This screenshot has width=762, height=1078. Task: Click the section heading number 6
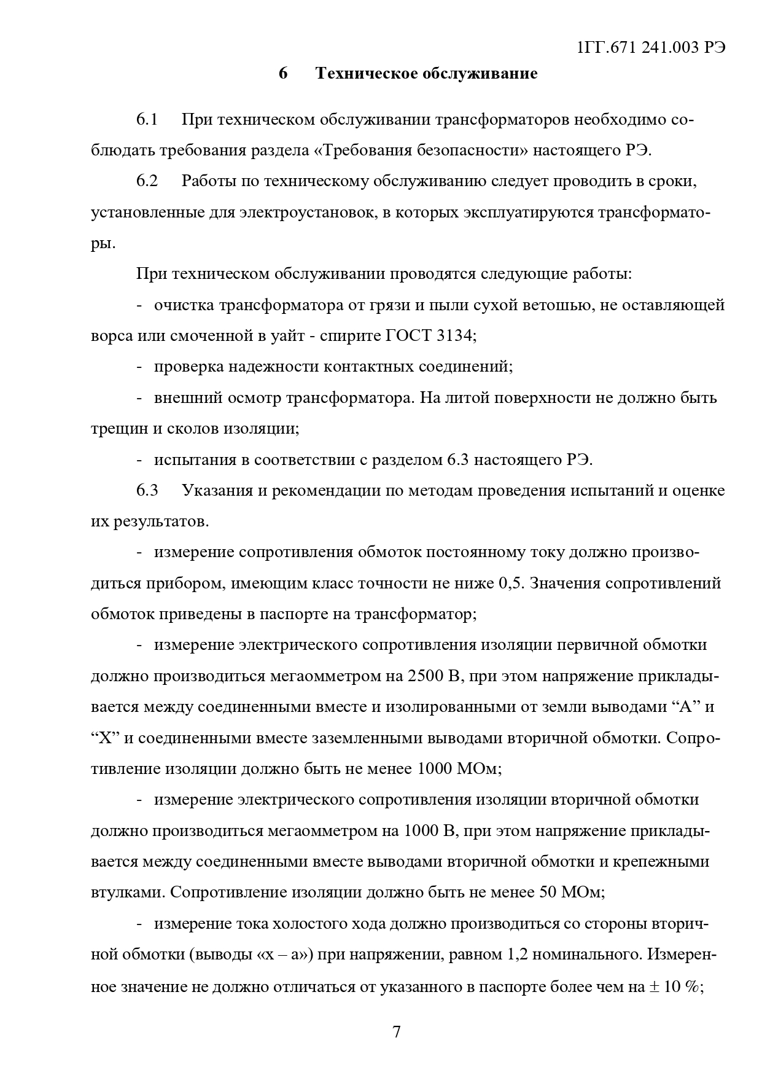[x=283, y=74]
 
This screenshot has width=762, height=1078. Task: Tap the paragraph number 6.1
[x=147, y=120]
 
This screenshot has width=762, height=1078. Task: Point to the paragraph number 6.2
[x=147, y=181]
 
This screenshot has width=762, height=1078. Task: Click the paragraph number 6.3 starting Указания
[x=147, y=491]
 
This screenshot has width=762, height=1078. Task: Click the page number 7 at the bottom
[x=396, y=1031]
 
